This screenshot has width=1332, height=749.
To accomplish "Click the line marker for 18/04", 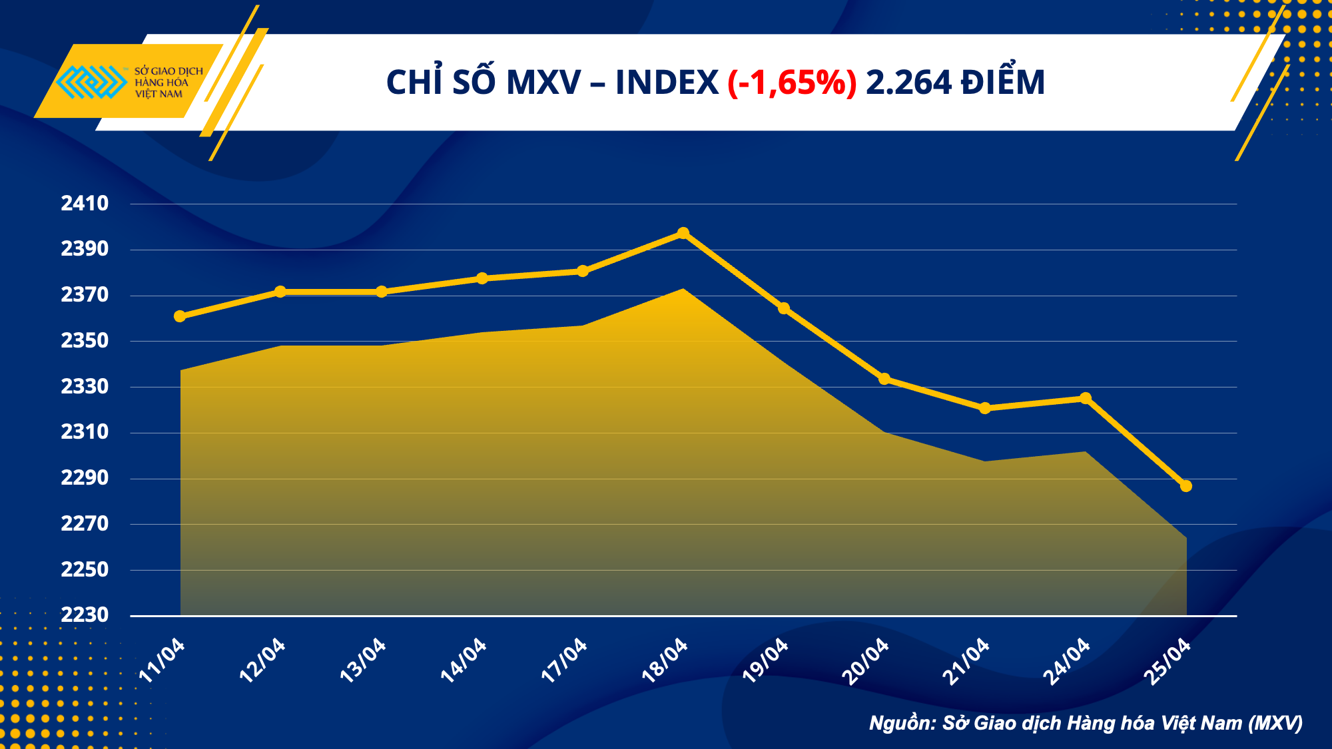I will point(683,233).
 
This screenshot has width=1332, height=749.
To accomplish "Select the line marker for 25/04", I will point(1186,486).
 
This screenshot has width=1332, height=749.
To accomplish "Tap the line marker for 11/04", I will point(180,316).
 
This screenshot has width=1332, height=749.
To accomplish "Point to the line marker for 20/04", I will point(884,379).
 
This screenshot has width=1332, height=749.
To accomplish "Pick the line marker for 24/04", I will point(1086,398).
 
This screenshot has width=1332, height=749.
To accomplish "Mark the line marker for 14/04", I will point(482,278).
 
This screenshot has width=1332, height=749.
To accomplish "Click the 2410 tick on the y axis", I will point(85,204).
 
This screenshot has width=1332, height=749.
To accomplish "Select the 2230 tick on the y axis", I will point(85,615).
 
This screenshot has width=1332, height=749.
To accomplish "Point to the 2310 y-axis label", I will point(85,432).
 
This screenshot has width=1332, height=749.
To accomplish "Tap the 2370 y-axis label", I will point(85,295).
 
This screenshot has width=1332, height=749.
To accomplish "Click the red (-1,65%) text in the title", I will point(792,83).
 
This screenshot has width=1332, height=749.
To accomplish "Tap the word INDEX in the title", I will point(667,83).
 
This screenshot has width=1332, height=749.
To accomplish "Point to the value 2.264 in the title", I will point(908,83).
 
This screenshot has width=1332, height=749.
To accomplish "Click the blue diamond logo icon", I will point(91,82).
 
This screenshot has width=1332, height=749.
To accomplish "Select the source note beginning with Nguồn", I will point(1086,723).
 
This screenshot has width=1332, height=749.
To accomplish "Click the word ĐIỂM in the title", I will point(1002,83).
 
